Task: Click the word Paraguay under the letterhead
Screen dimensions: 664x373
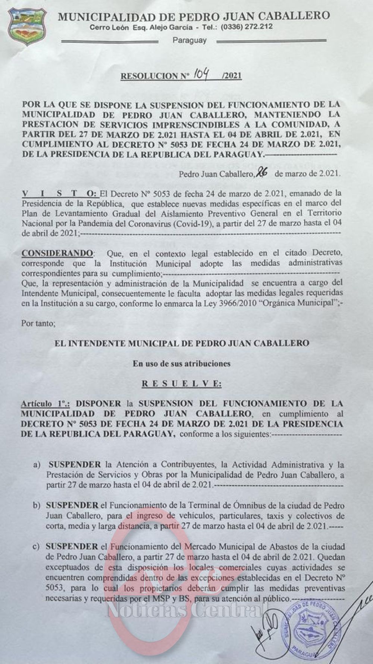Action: (x=189, y=40)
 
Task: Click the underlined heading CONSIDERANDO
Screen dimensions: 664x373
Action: (x=57, y=253)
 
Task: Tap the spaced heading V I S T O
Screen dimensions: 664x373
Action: (x=59, y=193)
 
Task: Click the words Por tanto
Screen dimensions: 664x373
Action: (x=38, y=323)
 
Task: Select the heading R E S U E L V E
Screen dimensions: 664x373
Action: (x=182, y=384)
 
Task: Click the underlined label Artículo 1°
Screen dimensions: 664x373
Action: (x=48, y=404)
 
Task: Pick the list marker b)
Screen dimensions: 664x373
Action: (x=37, y=506)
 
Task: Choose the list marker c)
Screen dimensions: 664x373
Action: (x=37, y=546)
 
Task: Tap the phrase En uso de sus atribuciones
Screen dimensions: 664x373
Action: (x=182, y=363)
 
